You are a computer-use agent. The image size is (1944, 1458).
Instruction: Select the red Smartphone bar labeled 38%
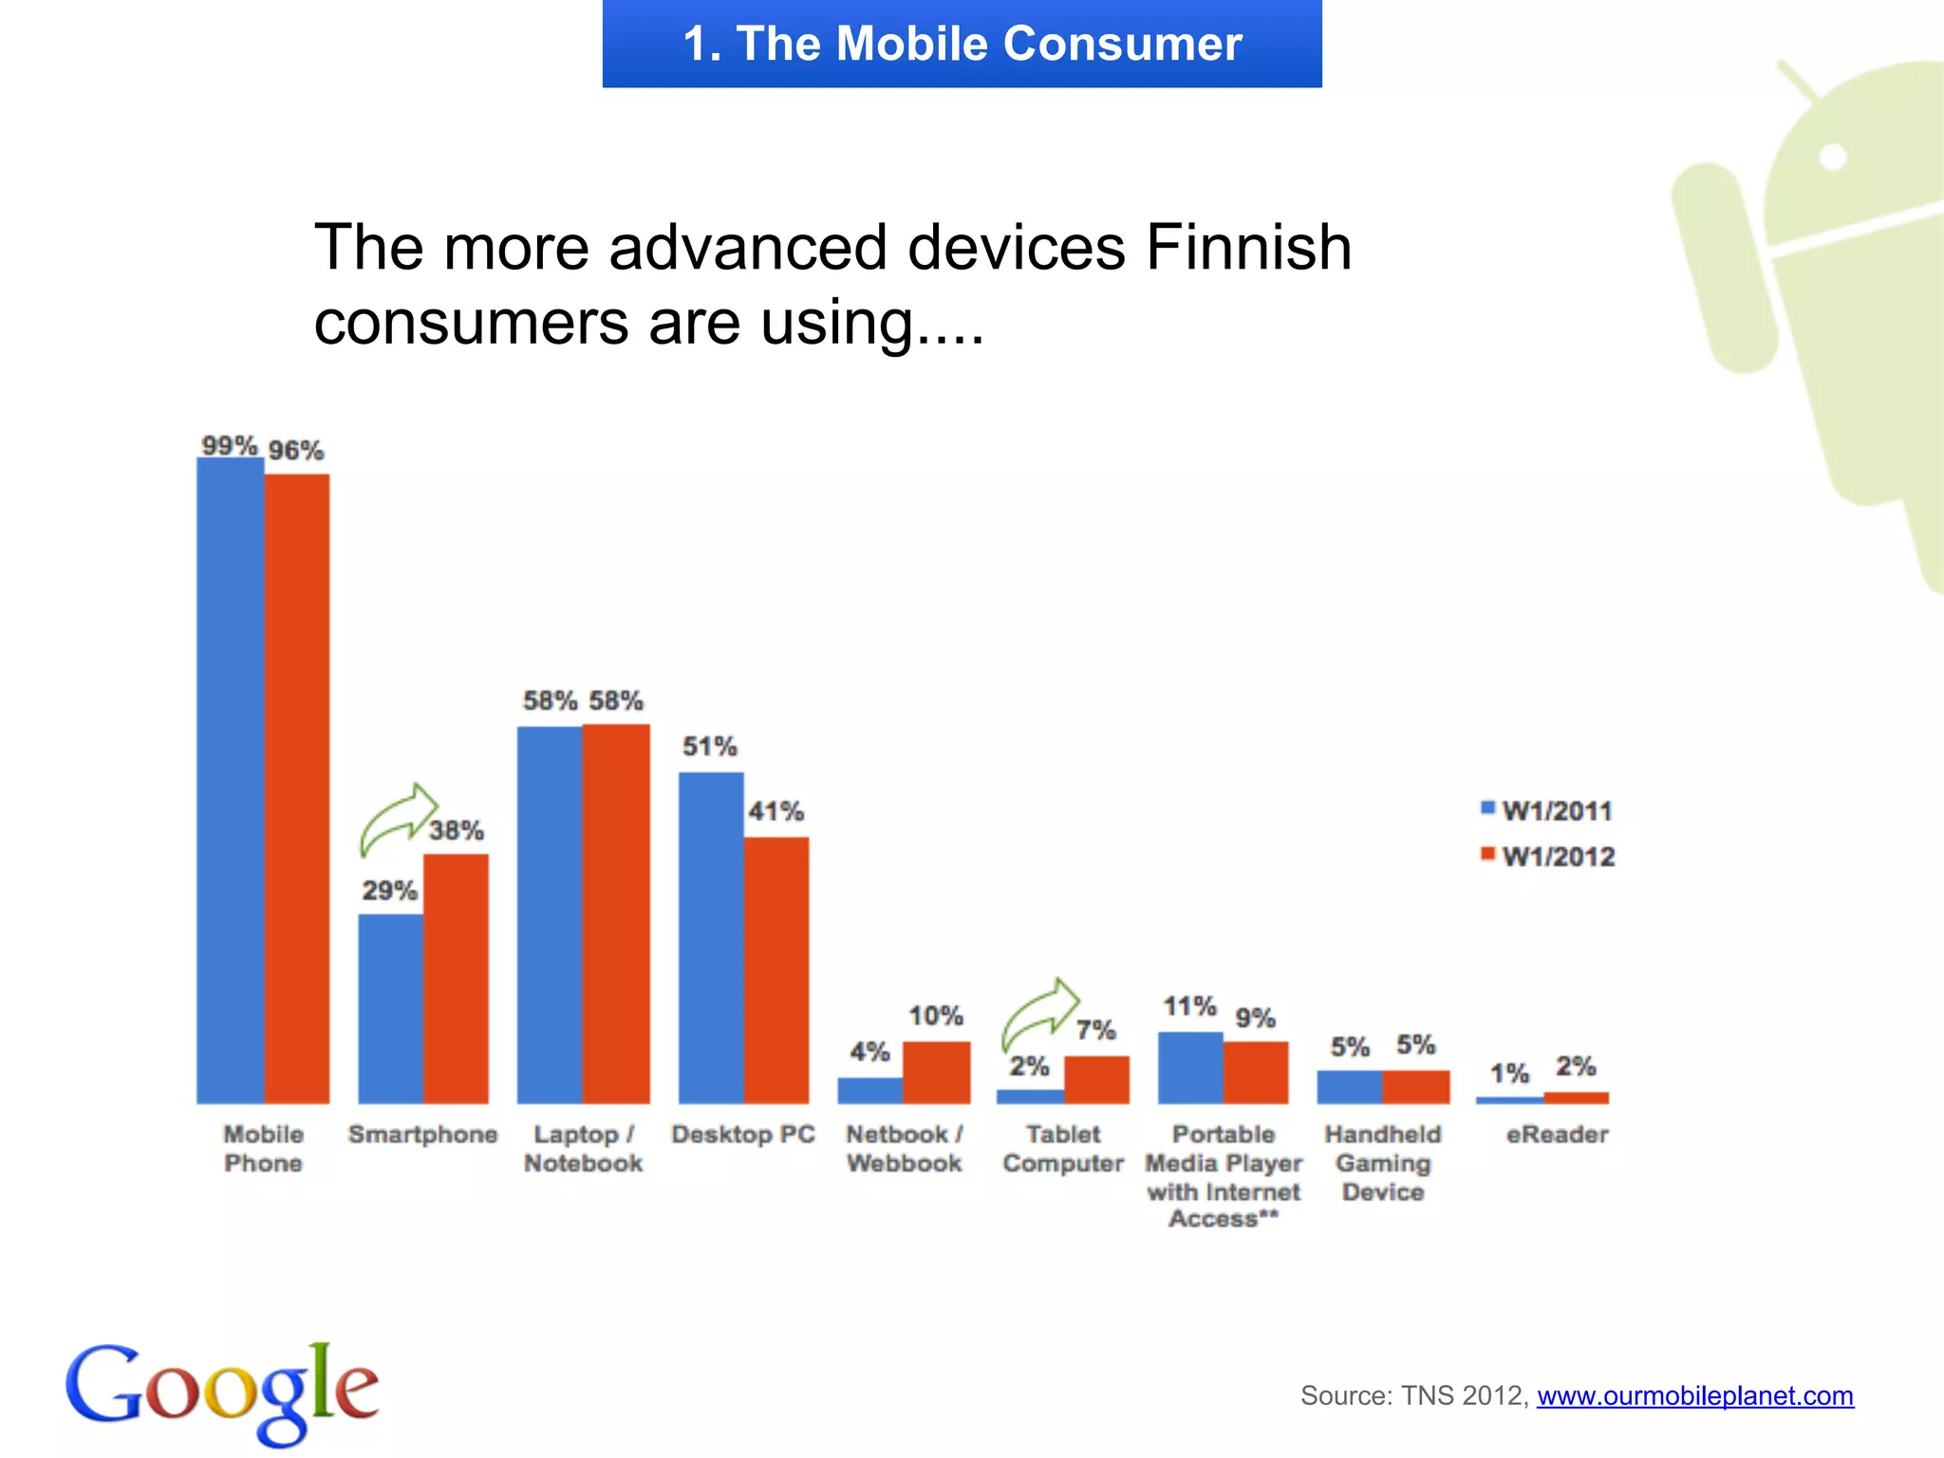tap(456, 978)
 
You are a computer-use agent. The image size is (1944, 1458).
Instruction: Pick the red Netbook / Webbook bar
tap(936, 1073)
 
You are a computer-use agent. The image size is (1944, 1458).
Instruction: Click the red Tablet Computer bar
tap(1096, 1079)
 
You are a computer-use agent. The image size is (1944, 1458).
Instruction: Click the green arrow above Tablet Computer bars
tap(1040, 1014)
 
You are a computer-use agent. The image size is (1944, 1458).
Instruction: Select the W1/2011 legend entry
tap(1547, 811)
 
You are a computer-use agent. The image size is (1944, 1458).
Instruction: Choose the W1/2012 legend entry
tap(1547, 856)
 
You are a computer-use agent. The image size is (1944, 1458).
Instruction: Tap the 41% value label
tap(776, 812)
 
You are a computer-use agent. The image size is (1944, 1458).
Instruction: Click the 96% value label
tap(295, 451)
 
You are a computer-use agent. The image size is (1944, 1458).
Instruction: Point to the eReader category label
tap(1557, 1134)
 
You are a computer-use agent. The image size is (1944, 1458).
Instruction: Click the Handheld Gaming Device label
tap(1383, 1163)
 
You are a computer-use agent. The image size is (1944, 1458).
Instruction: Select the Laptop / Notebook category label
tap(583, 1149)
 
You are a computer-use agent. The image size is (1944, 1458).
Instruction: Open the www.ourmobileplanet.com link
tap(1694, 1395)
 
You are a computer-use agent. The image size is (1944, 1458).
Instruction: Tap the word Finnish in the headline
tap(1248, 249)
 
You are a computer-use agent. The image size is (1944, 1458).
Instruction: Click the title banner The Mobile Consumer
tap(962, 44)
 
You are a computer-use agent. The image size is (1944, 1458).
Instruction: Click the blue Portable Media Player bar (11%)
tap(1190, 1068)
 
